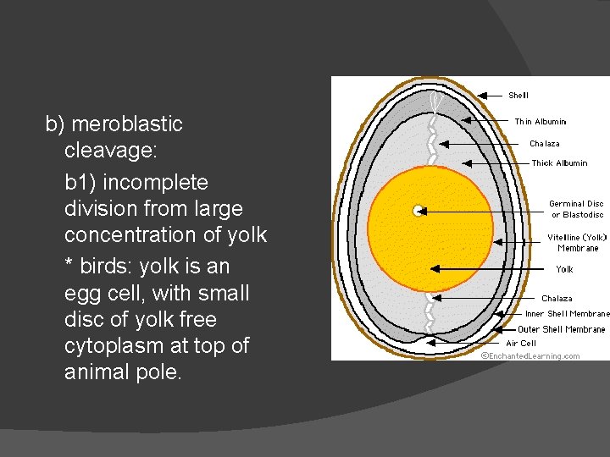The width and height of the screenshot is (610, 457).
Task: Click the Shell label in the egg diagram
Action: click(518, 96)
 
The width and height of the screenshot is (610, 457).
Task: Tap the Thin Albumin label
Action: click(541, 122)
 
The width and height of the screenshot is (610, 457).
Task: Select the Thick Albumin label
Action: click(559, 162)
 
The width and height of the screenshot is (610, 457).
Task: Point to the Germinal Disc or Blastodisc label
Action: click(576, 208)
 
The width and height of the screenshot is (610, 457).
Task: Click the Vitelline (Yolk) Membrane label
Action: click(577, 243)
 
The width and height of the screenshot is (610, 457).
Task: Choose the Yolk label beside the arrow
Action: click(564, 269)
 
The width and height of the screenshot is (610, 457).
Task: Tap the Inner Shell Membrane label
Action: click(567, 314)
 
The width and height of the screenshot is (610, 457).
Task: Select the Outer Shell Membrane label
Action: click(562, 329)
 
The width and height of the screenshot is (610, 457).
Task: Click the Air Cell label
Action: click(521, 344)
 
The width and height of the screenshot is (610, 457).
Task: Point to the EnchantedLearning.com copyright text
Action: click(531, 356)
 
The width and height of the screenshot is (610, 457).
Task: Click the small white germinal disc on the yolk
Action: click(418, 211)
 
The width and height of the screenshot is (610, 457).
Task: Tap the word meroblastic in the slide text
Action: click(127, 124)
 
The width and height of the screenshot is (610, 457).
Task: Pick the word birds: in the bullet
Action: click(107, 267)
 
